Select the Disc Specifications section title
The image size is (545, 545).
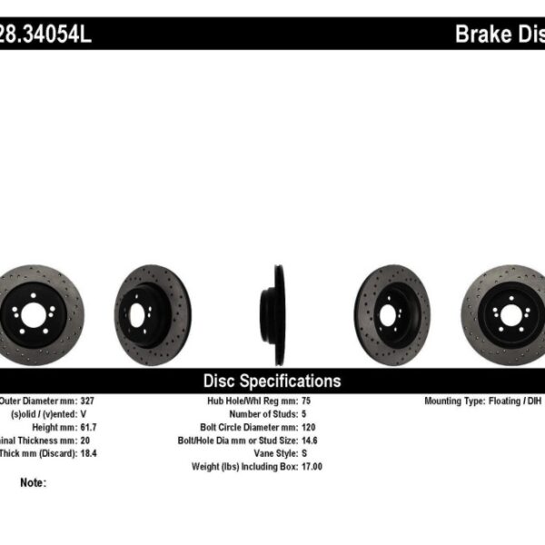tap(272, 381)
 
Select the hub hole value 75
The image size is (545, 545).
tap(305, 401)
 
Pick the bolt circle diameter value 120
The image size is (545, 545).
tap(308, 426)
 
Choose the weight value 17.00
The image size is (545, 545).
tap(312, 466)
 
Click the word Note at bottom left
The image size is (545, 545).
tap(32, 482)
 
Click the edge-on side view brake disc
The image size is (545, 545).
tap(273, 302)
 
